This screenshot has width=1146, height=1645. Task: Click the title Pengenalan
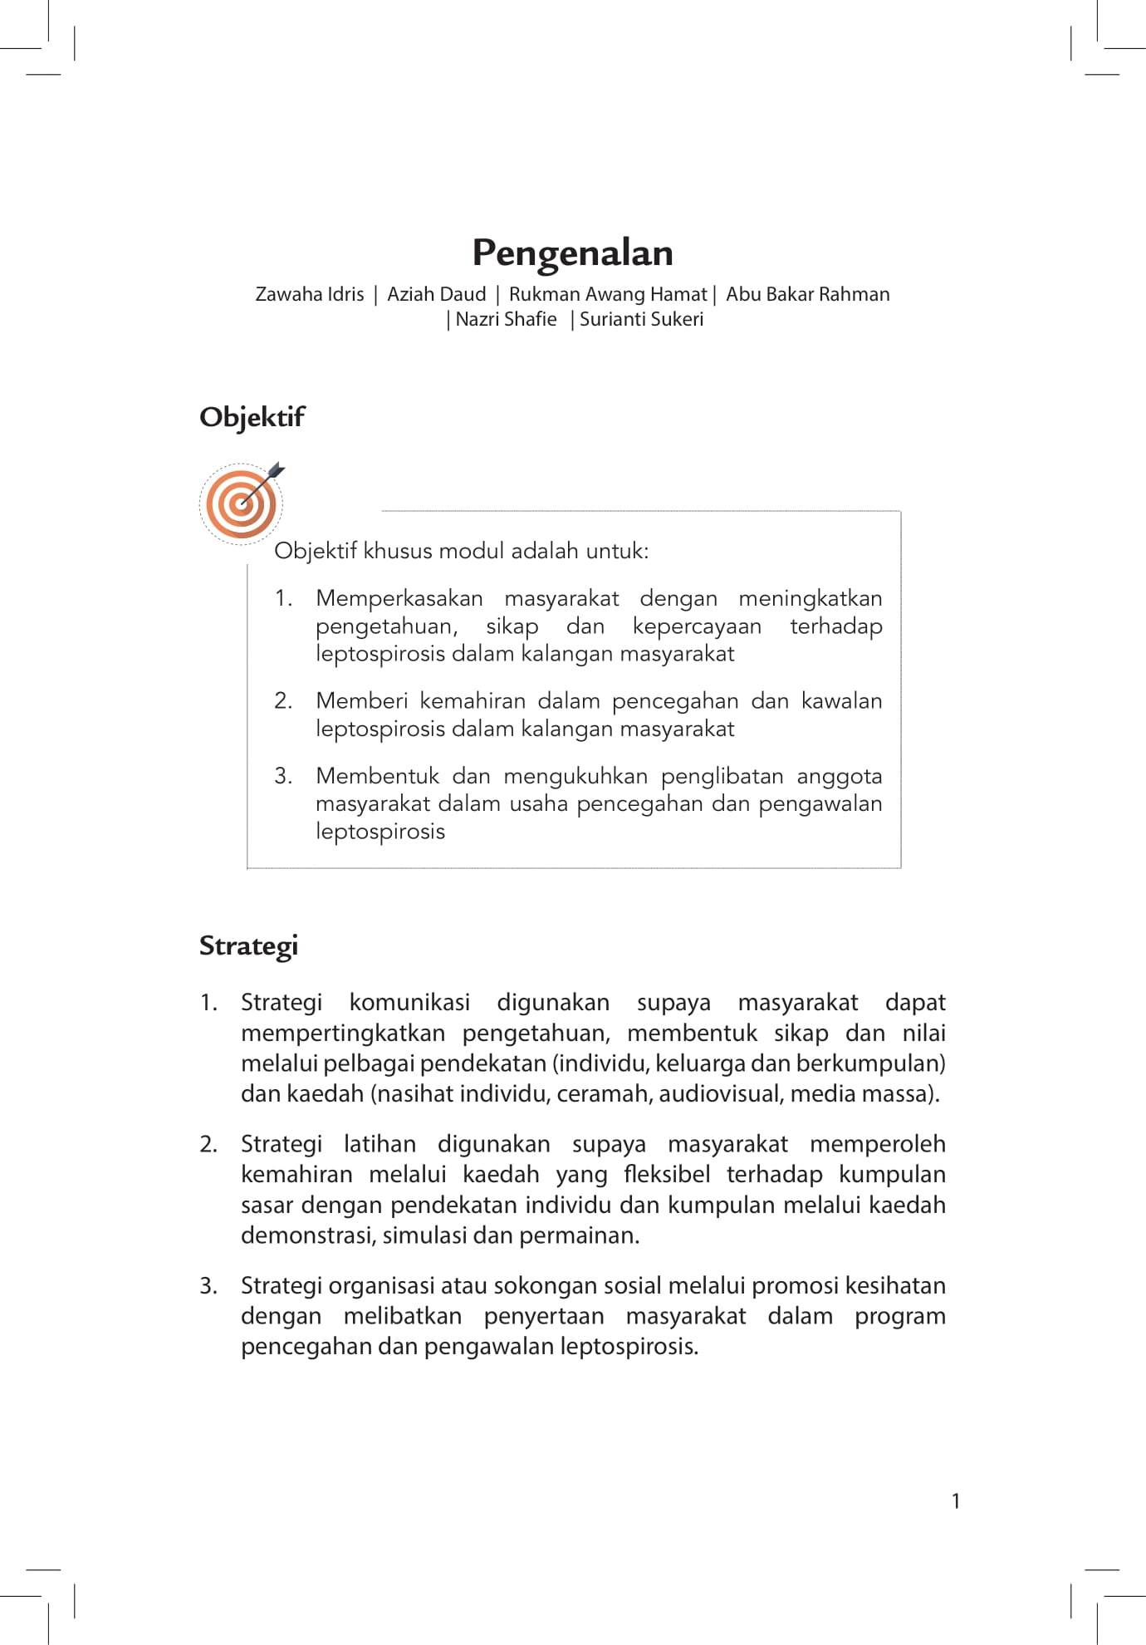pyautogui.click(x=572, y=253)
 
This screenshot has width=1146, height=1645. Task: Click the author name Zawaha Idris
pyautogui.click(x=309, y=294)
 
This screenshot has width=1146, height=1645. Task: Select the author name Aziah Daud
pyautogui.click(x=436, y=294)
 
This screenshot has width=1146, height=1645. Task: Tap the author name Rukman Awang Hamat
pyautogui.click(x=607, y=294)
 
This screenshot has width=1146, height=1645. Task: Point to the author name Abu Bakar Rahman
pyautogui.click(x=807, y=294)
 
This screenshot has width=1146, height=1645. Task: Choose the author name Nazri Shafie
pyautogui.click(x=506, y=319)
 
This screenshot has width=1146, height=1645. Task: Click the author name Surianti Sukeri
pyautogui.click(x=641, y=319)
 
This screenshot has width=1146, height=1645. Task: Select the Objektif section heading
pyautogui.click(x=252, y=417)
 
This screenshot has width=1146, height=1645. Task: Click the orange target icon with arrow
pyautogui.click(x=242, y=503)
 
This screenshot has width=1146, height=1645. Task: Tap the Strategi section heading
pyautogui.click(x=248, y=945)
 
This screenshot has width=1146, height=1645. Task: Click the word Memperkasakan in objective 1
pyautogui.click(x=399, y=598)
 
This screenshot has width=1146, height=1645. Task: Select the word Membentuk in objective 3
pyautogui.click(x=377, y=776)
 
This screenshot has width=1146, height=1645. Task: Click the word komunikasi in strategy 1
pyautogui.click(x=409, y=1003)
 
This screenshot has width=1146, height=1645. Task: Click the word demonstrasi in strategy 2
pyautogui.click(x=308, y=1235)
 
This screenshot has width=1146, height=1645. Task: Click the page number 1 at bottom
pyautogui.click(x=956, y=1500)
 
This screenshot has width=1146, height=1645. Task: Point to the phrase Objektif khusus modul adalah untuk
pyautogui.click(x=461, y=551)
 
